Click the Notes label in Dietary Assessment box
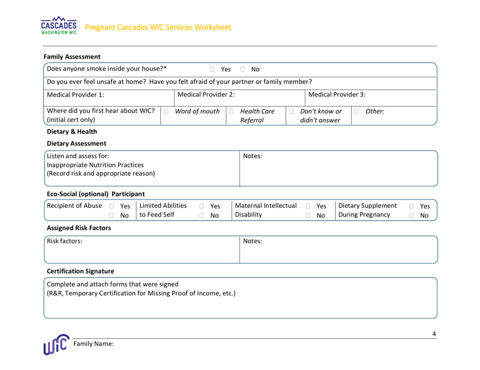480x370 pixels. click(253, 156)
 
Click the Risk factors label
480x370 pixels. click(64, 242)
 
